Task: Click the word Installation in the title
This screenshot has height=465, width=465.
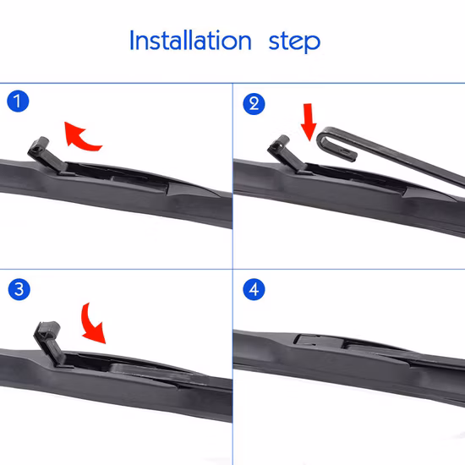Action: click(x=190, y=41)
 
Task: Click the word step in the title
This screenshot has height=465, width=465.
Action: click(x=294, y=42)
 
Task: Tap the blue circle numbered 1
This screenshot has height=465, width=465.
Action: click(x=18, y=101)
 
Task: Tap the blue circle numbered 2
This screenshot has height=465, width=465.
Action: click(x=254, y=104)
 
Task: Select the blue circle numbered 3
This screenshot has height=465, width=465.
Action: click(x=19, y=289)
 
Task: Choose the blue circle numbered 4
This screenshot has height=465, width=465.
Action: click(x=254, y=289)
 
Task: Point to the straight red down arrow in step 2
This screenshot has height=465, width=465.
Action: click(x=309, y=122)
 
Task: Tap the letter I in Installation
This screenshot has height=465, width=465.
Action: click(x=131, y=40)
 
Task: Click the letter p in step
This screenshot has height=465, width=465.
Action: click(x=312, y=44)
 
